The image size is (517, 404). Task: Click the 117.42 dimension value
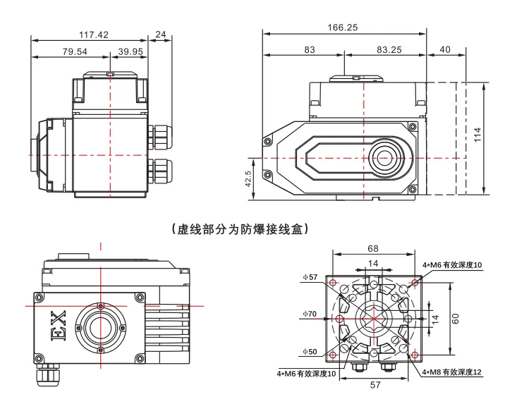(x=93, y=34)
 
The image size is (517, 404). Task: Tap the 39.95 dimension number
(x=130, y=51)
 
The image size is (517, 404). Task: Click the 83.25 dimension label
(x=389, y=49)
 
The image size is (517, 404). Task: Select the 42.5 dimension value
(x=248, y=176)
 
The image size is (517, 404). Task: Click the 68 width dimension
(x=373, y=249)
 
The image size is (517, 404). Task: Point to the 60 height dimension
(x=456, y=318)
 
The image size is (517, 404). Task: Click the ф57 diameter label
(x=310, y=277)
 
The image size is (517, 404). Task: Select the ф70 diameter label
(x=310, y=314)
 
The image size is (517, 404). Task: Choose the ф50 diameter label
(x=310, y=352)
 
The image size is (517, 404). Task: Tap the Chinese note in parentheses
(x=241, y=229)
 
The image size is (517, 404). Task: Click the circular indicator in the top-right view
(x=384, y=157)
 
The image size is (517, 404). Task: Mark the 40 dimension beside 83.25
(x=444, y=49)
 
